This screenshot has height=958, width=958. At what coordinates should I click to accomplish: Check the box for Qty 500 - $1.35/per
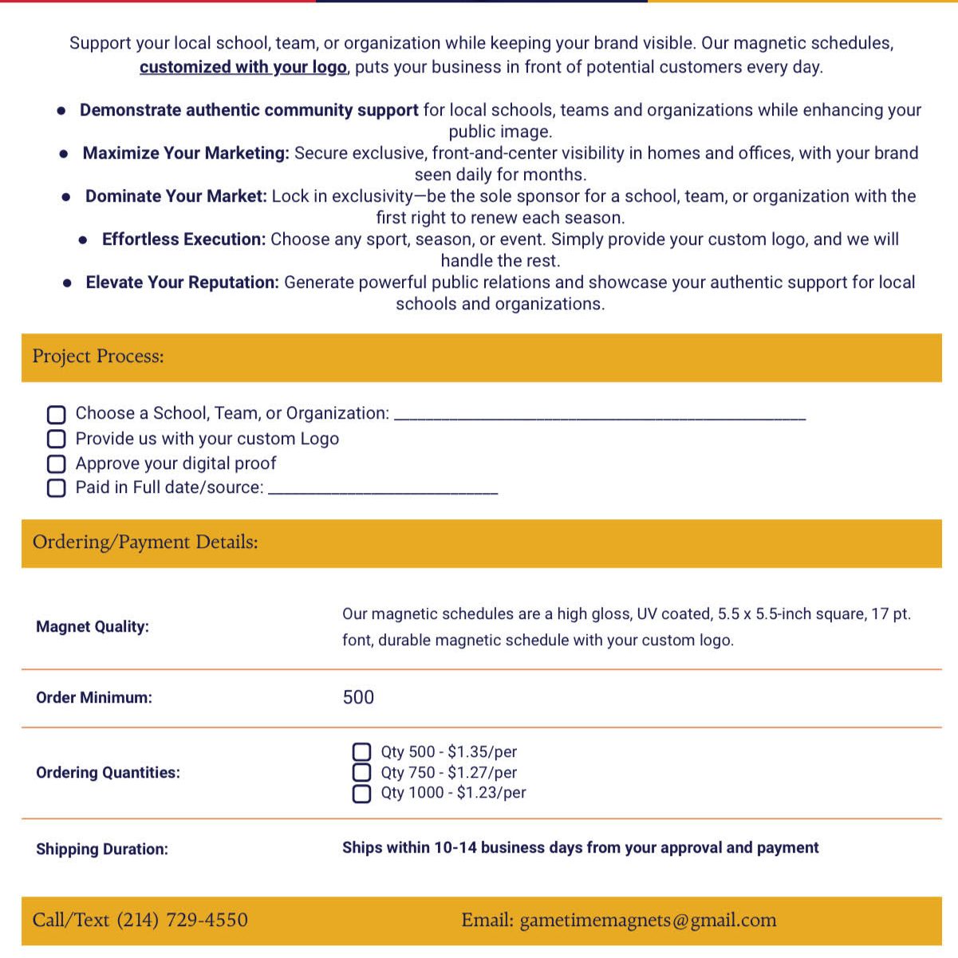[x=361, y=752]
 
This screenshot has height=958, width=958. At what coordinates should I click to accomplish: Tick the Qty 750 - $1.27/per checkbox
[x=361, y=772]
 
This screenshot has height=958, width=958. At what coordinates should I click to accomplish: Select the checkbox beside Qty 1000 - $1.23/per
[x=361, y=793]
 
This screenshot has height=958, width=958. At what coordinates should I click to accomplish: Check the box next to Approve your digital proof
[x=56, y=463]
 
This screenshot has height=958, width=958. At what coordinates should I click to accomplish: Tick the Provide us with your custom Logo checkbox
[x=56, y=439]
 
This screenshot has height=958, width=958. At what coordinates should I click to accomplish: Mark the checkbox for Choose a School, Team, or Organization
[x=56, y=414]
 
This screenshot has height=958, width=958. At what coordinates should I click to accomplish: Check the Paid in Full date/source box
[x=56, y=488]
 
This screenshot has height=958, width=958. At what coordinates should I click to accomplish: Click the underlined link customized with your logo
[x=243, y=67]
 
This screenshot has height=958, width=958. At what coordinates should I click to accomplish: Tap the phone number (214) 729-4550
[x=182, y=920]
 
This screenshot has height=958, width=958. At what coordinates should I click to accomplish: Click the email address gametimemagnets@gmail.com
[x=648, y=920]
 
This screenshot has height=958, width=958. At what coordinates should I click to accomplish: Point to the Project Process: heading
[x=98, y=357]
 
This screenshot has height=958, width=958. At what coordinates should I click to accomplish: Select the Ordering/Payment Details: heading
[x=145, y=542]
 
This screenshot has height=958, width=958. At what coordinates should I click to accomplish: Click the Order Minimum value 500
[x=358, y=697]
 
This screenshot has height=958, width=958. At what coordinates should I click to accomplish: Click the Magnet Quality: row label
[x=93, y=627]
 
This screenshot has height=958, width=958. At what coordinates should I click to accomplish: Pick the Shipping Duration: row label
[x=102, y=849]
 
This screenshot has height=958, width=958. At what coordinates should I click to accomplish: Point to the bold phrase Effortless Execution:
[x=183, y=239]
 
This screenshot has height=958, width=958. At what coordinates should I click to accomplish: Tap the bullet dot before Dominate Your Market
[x=67, y=197]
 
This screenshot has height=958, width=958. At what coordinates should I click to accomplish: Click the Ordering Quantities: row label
[x=108, y=772]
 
